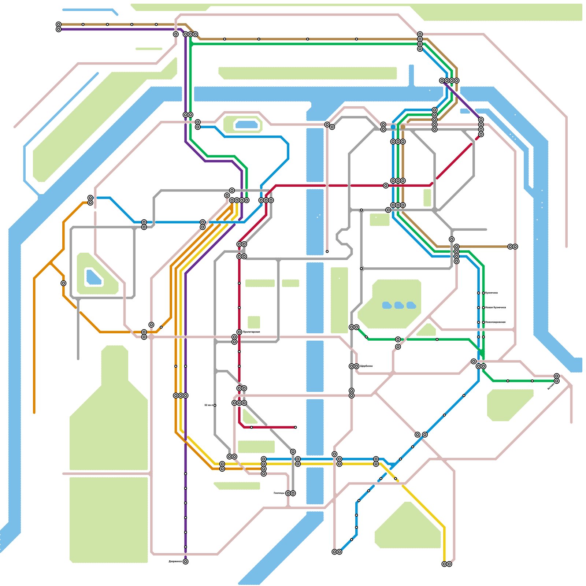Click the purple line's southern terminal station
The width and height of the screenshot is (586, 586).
point(185,561)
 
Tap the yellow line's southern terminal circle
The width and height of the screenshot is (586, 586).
point(444,564)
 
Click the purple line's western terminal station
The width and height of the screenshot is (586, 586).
point(59,29)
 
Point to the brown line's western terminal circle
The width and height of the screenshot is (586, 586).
point(59,24)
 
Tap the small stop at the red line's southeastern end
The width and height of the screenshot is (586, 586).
point(295,427)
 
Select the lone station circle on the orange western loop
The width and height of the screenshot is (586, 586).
point(63,283)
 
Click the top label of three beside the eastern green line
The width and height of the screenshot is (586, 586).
point(491,293)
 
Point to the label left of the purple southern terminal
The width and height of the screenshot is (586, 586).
point(175,561)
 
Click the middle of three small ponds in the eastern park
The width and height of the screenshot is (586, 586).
point(399,305)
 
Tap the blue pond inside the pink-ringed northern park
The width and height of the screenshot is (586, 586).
point(246,125)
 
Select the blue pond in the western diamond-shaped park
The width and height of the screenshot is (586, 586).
point(93,277)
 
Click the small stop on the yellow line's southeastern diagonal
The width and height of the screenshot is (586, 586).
point(396,478)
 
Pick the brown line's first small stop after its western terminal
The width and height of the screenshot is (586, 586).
point(83,24)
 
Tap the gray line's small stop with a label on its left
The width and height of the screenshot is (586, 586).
point(215,405)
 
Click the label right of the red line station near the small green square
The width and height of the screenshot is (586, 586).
point(251,332)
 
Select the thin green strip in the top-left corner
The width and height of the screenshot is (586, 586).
point(149,49)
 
